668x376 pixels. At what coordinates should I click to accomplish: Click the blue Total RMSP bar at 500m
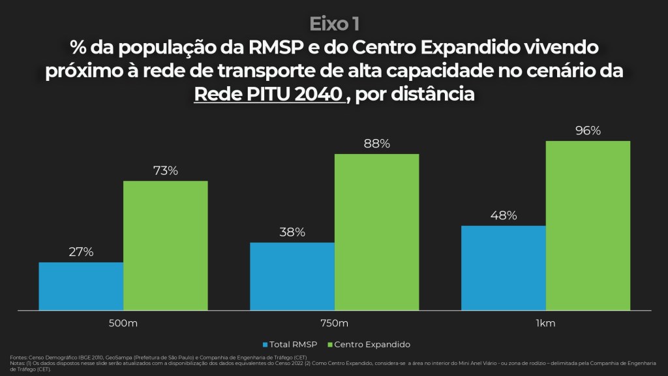81,286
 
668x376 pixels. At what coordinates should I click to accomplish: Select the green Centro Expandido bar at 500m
166,245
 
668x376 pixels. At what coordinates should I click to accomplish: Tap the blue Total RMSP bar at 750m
292,276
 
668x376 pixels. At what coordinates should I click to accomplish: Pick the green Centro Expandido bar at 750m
377,232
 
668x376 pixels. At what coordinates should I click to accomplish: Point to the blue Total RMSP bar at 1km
504,268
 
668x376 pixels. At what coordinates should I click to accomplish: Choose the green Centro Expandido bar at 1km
588,225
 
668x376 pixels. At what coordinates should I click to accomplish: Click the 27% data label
81,252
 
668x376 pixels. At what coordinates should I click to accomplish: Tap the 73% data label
166,171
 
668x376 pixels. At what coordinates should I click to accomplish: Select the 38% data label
292,232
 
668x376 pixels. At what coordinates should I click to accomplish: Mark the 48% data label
504,215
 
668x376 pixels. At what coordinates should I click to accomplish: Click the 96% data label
588,131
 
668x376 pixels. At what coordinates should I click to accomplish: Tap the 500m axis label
123,323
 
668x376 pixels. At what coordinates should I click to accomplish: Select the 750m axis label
335,323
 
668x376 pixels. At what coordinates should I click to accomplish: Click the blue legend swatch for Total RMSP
266,344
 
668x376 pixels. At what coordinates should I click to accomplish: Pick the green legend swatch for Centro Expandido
330,344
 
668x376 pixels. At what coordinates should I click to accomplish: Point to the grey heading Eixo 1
334,23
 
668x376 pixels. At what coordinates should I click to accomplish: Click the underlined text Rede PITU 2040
269,94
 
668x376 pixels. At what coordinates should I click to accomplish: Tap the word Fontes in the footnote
18,357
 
